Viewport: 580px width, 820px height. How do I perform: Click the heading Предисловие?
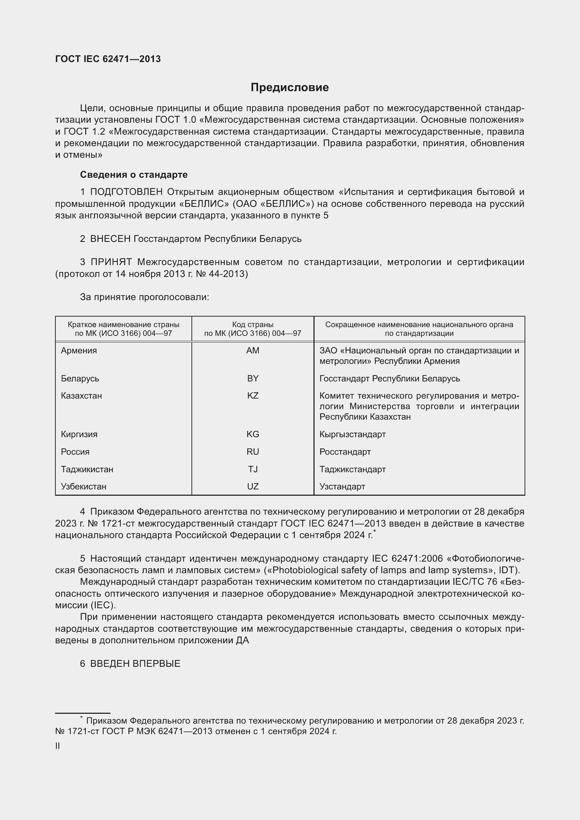pos(290,88)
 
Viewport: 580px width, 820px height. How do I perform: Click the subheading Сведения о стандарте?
pos(134,175)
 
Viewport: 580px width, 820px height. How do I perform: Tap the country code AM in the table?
pos(252,350)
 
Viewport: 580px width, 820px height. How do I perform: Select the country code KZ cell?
pos(252,396)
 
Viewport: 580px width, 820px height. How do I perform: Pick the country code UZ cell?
pos(252,487)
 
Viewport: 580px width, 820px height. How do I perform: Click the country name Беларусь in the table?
pos(80,378)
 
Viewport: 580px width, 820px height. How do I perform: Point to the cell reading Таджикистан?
pos(87,469)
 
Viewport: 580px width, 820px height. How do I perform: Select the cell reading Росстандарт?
pos(345,452)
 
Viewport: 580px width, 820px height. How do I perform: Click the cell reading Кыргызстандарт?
pos(352,434)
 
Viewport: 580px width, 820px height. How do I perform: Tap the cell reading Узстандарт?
pos(342,487)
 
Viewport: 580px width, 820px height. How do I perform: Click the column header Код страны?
pos(252,325)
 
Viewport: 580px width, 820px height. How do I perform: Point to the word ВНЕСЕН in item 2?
pos(110,239)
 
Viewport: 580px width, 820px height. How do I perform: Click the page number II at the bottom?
pos(58,746)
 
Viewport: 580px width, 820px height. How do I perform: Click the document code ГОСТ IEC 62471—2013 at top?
pos(108,59)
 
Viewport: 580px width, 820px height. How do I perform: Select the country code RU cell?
pos(252,452)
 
